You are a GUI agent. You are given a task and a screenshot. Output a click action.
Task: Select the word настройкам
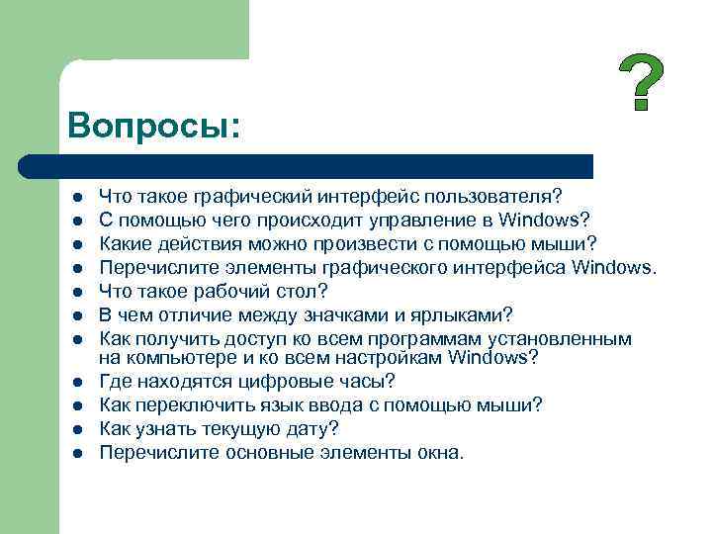(x=387, y=356)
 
